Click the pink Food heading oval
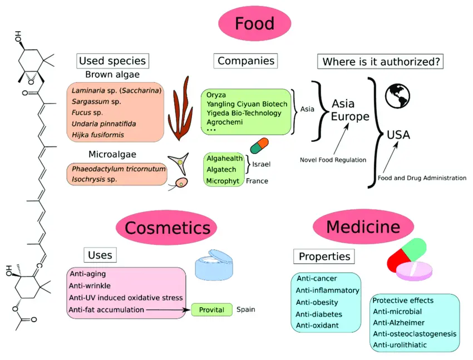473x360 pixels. coord(254,23)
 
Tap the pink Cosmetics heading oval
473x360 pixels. coord(167,228)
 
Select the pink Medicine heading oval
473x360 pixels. coord(363,226)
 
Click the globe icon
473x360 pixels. coord(397,96)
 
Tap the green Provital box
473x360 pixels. coord(211,310)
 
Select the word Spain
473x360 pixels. coord(246,310)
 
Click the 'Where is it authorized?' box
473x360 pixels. coord(380,61)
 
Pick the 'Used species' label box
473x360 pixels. coord(112,61)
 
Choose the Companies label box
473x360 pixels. coord(245,60)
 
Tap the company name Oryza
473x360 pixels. coord(216,95)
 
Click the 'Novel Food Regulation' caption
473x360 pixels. coord(333,160)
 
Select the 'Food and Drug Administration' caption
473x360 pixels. coord(422,178)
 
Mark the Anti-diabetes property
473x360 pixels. coord(319,314)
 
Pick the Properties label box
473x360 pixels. coord(324,257)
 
